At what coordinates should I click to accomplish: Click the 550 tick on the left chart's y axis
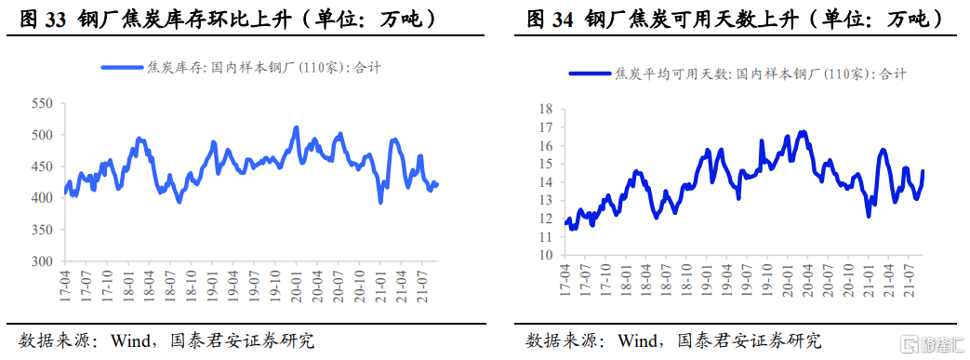(42, 103)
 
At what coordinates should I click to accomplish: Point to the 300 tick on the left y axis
(42, 261)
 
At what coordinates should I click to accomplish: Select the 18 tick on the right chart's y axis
(546, 110)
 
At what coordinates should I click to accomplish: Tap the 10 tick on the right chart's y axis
(546, 254)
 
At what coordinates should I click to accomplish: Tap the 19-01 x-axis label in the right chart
(710, 281)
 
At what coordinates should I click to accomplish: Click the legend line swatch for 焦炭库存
(122, 67)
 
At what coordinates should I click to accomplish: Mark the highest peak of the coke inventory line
(296, 128)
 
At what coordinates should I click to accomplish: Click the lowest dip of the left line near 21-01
(380, 201)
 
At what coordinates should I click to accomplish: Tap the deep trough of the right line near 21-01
(869, 216)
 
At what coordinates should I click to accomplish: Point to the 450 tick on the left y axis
(42, 167)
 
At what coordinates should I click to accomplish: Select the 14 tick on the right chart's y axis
(546, 182)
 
